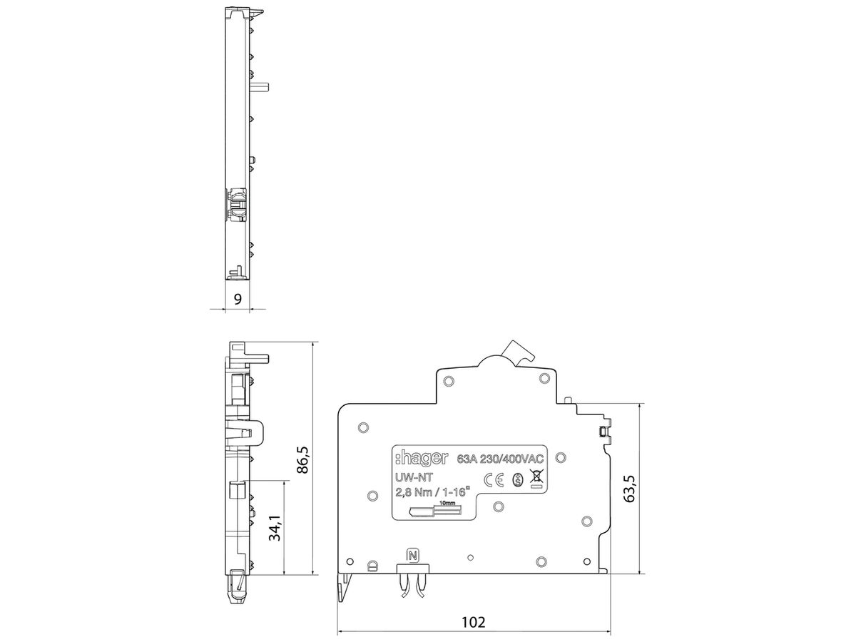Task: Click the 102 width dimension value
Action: (473, 621)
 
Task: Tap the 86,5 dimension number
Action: (302, 461)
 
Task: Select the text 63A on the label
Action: (468, 459)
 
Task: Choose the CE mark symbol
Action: (494, 479)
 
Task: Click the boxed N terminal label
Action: (412, 555)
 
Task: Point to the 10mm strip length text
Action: (448, 504)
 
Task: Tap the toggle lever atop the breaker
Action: (517, 352)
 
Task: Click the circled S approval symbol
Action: (518, 479)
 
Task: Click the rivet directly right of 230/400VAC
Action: (560, 458)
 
